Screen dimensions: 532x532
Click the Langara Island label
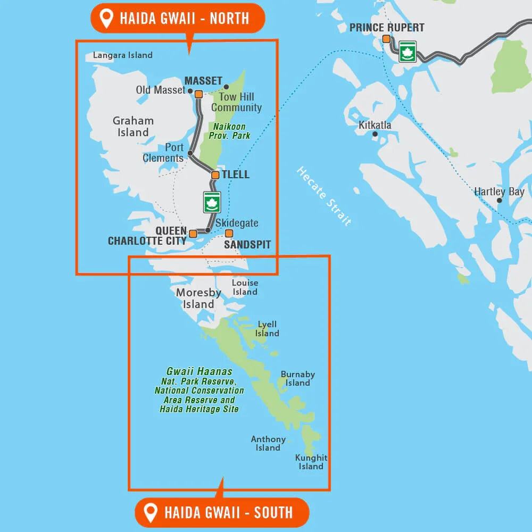click(x=122, y=55)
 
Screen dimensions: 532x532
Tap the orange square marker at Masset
click(x=198, y=94)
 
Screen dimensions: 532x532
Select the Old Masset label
click(x=160, y=90)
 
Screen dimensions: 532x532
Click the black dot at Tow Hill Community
click(x=226, y=87)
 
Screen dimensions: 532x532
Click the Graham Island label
click(x=133, y=127)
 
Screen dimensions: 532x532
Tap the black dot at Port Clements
click(x=190, y=153)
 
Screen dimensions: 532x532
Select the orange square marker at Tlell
click(x=215, y=175)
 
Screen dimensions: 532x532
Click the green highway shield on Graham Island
click(x=212, y=202)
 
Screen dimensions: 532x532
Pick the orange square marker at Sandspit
click(x=229, y=233)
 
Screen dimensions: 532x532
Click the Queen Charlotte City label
click(x=147, y=236)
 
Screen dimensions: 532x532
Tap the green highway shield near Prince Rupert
click(x=408, y=52)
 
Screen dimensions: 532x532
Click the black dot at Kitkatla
click(x=375, y=134)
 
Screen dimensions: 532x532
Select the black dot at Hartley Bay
click(x=499, y=201)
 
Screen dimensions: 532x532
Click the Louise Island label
click(x=245, y=287)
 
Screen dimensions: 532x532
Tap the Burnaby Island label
click(x=297, y=379)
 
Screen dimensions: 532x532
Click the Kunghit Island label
click(x=311, y=462)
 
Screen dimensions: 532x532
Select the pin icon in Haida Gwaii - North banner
click(x=107, y=19)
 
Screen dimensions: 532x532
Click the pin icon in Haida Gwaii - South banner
click(x=152, y=513)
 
